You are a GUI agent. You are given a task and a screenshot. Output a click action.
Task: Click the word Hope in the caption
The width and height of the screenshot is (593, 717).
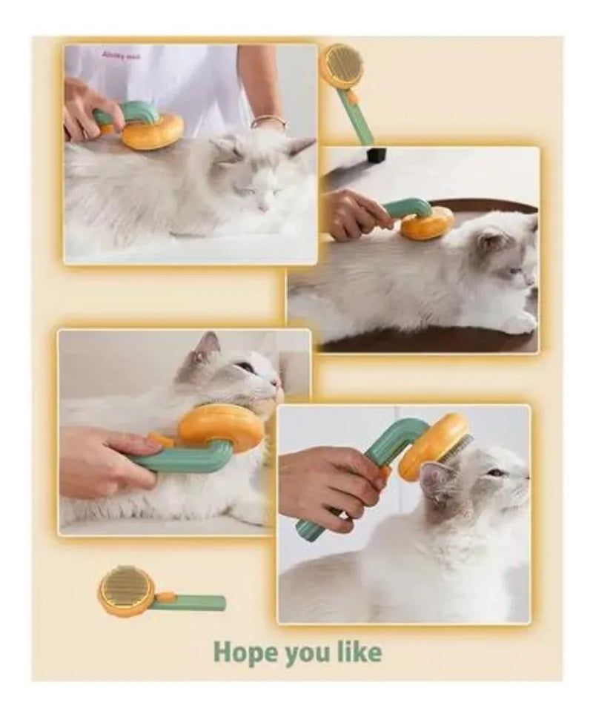coord(245,652)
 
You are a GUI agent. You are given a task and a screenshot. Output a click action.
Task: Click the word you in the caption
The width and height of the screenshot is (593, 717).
coord(306,653)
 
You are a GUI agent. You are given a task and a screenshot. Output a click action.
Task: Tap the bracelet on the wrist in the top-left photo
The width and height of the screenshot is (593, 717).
coord(268,122)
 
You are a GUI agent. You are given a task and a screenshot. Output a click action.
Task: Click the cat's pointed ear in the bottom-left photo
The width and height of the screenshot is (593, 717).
coord(208,346)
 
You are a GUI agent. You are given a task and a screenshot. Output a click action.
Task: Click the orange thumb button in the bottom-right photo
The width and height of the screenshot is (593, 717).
coord(385,472)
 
